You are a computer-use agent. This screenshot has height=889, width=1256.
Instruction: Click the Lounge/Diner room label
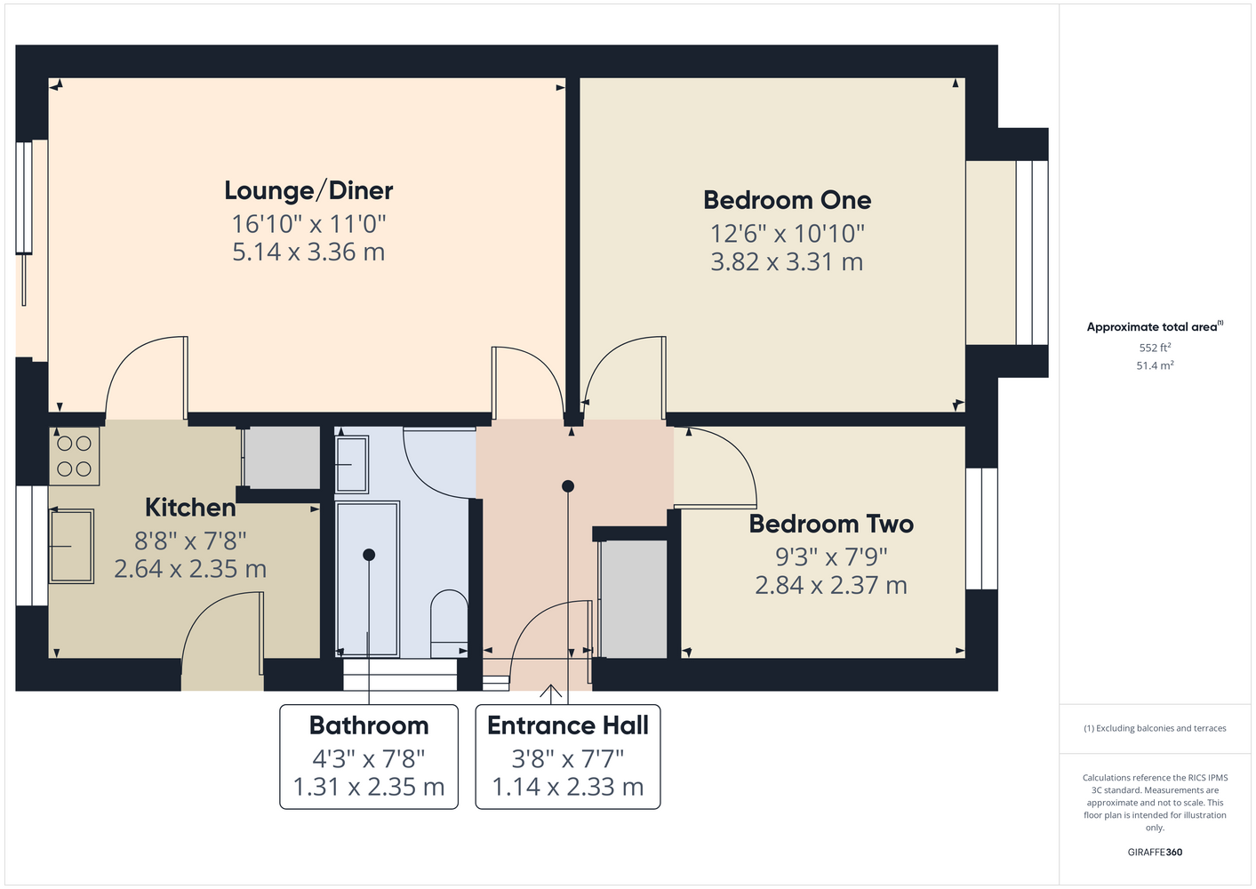click(x=308, y=191)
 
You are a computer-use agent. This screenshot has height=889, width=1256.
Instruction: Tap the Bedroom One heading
click(x=788, y=200)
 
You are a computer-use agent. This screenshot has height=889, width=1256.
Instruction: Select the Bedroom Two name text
click(x=831, y=524)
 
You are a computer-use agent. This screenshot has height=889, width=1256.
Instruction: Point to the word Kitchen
click(x=190, y=508)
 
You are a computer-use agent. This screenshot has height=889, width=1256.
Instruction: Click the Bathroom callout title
click(x=369, y=725)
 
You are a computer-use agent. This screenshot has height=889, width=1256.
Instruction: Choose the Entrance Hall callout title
click(x=567, y=725)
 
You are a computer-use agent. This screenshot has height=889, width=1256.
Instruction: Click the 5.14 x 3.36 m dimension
click(x=308, y=252)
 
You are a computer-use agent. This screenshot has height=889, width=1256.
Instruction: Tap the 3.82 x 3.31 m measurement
click(x=787, y=262)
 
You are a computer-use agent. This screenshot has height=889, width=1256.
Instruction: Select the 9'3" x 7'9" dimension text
click(x=831, y=557)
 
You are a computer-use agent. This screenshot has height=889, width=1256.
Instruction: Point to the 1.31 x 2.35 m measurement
click(x=369, y=787)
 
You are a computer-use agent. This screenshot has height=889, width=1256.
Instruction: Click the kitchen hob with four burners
click(x=74, y=456)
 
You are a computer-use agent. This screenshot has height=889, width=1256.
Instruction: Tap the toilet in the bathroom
click(x=449, y=623)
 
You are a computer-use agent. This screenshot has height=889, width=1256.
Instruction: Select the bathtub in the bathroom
click(x=367, y=579)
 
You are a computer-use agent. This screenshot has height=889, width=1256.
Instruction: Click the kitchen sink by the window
click(x=71, y=546)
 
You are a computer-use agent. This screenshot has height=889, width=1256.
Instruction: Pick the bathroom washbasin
click(x=352, y=464)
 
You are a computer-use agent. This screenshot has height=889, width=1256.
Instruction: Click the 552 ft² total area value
click(x=1155, y=348)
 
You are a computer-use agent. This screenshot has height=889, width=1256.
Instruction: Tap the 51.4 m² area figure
click(x=1155, y=365)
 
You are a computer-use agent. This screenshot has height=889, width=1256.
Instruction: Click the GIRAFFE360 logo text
click(x=1155, y=852)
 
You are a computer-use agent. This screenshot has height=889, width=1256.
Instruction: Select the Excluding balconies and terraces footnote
click(x=1155, y=728)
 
